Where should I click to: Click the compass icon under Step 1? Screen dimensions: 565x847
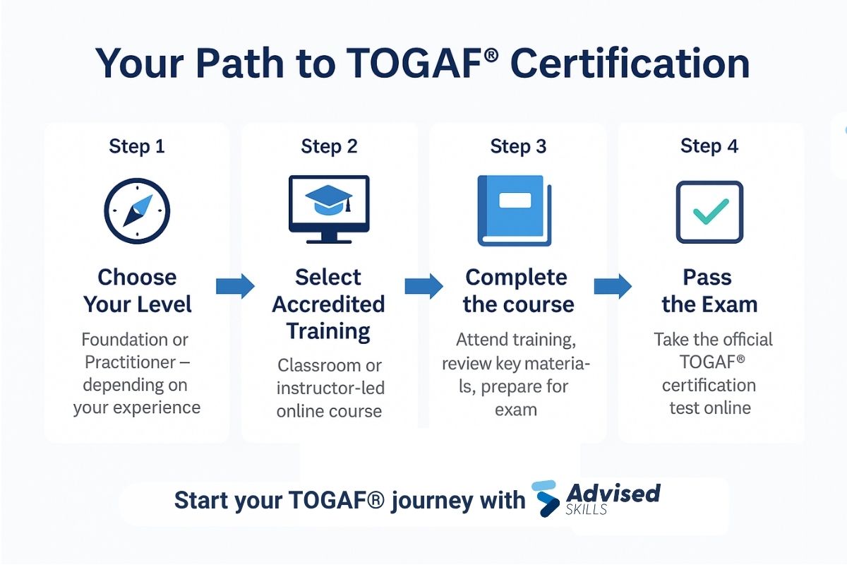pos(137,210)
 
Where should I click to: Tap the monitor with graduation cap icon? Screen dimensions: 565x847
pos(329,209)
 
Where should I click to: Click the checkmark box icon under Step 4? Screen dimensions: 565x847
pos(709,212)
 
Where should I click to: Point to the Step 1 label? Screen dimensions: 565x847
pos(137,146)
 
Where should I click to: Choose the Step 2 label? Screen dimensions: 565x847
pos(329,146)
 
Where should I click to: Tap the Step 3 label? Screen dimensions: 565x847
pos(519,146)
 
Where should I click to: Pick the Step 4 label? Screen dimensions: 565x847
pos(709,146)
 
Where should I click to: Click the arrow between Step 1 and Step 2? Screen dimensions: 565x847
pos(235,286)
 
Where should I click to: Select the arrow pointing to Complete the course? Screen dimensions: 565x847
pos(423,286)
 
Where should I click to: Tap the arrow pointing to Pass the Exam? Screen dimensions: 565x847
pos(613,286)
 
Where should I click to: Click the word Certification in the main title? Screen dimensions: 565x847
pos(630,64)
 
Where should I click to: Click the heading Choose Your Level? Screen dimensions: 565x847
pos(137,290)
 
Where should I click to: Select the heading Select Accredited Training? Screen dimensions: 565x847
pos(329,304)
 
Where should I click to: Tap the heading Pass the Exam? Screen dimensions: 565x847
pos(709,290)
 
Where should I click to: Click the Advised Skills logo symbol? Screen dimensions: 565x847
pos(546,498)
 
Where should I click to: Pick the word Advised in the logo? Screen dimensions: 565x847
pos(613,492)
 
